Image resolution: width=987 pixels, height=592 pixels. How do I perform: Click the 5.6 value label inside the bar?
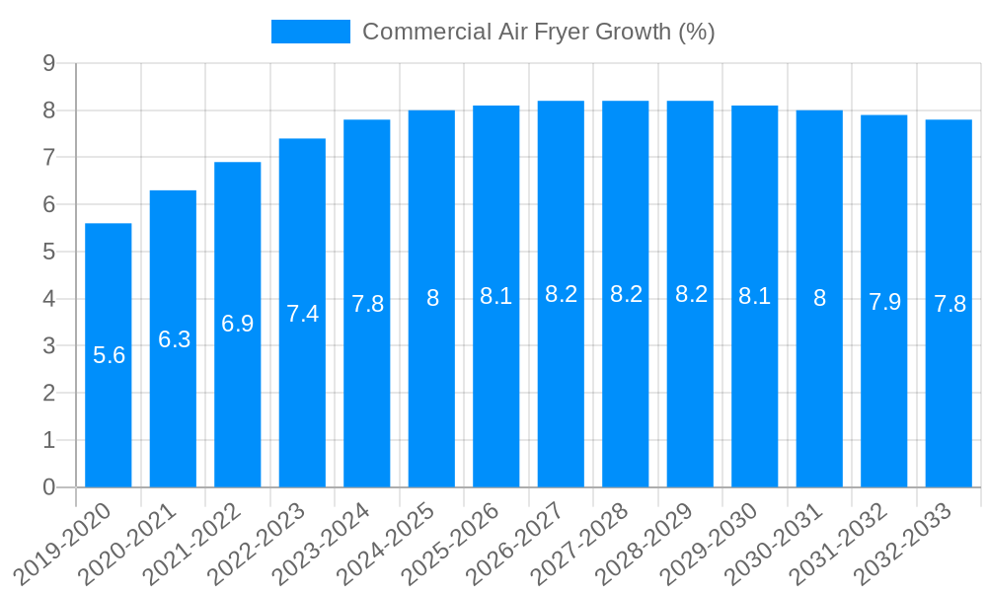coord(109,355)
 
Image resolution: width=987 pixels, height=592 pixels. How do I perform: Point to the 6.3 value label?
coord(174,339)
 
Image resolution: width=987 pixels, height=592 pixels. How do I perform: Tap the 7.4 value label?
coord(302,314)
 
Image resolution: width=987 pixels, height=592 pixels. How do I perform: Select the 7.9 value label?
coord(884,302)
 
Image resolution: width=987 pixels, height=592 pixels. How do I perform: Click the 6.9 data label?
coord(238,324)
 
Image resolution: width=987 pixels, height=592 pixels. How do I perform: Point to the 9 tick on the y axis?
coord(48,64)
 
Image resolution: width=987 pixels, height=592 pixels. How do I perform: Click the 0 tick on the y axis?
coord(48,487)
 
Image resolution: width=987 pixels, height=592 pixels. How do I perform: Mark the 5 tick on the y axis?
coord(48,252)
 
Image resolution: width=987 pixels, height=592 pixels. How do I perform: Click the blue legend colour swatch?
coord(310,32)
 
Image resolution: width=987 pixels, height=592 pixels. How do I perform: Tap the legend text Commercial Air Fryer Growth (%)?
coord(538,32)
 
